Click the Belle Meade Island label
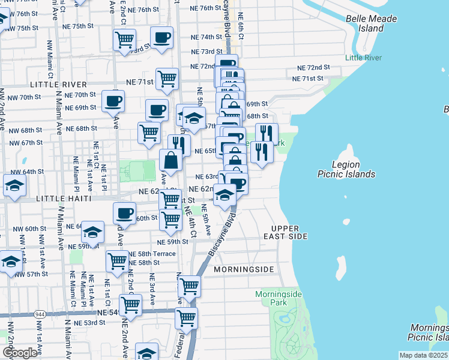tap(371, 23)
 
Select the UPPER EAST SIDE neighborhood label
tap(289, 232)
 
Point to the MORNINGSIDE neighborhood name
tap(248, 269)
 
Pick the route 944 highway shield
tap(40, 313)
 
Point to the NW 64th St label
tap(29, 172)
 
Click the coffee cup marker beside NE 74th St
tap(161, 38)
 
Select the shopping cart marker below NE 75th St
tap(124, 41)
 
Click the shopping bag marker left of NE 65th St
tap(170, 161)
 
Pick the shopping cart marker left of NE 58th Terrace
tap(117, 261)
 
